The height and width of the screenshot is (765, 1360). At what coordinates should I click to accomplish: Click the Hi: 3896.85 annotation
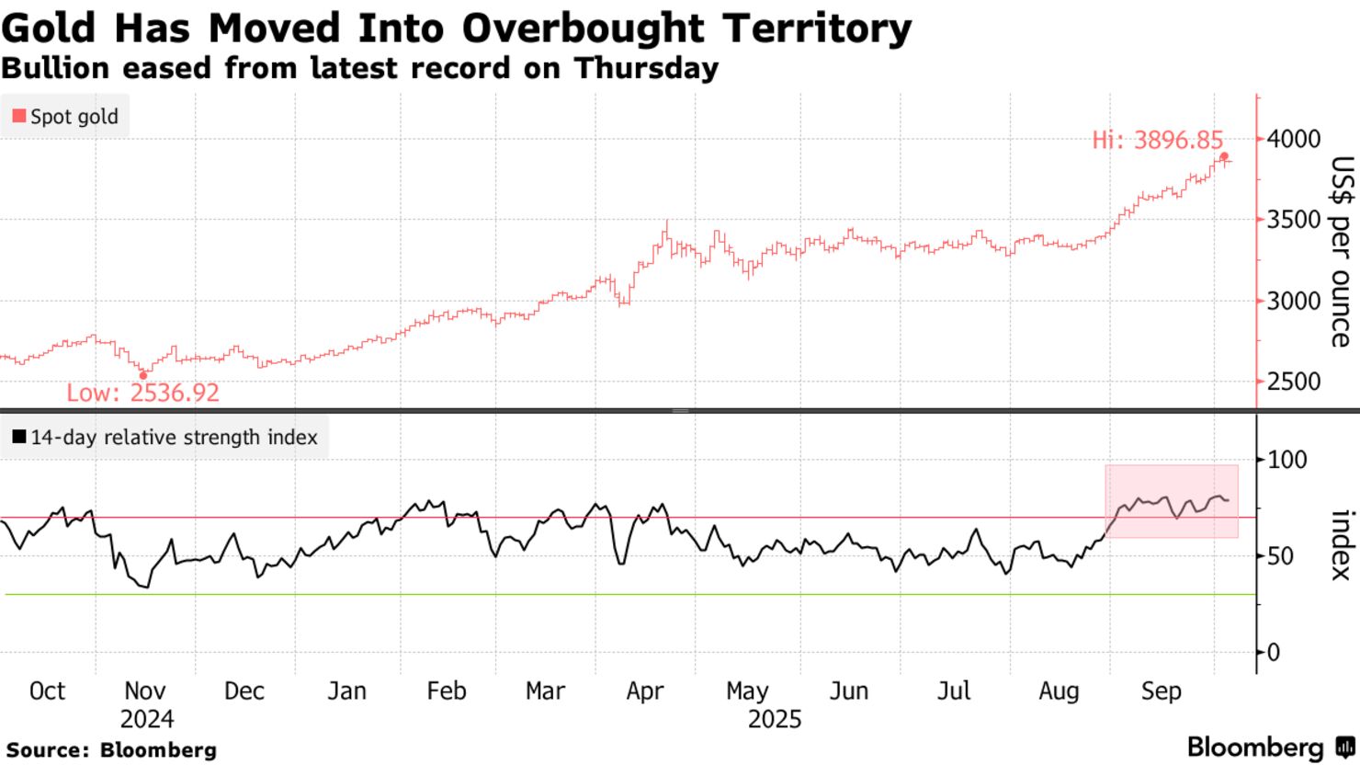coord(1157,141)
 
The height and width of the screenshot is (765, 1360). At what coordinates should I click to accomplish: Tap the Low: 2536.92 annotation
coord(142,394)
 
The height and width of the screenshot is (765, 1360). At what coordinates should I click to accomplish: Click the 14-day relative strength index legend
coord(164,438)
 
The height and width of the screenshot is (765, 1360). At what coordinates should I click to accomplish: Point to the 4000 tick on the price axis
coord(1293,139)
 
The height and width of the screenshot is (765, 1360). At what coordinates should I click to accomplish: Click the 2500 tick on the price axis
coord(1293,382)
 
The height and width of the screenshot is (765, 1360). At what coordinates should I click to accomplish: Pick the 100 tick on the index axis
coord(1286,460)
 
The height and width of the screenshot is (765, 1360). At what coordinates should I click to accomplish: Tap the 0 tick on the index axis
coord(1274,653)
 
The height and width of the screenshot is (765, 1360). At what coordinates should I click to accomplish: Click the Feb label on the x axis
coord(447,691)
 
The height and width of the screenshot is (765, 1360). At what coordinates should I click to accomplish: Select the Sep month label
coord(1161,691)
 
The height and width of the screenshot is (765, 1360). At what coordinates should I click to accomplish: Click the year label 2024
coord(146,719)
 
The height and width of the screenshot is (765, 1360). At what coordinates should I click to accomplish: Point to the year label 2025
coord(775,719)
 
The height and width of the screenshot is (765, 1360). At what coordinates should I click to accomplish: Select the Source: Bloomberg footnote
coord(111,750)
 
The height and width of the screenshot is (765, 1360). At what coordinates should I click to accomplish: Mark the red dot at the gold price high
coord(1224,156)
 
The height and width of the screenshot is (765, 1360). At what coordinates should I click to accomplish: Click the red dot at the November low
coord(142,375)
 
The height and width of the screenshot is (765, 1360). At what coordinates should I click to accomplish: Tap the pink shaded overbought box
coord(1172,501)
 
